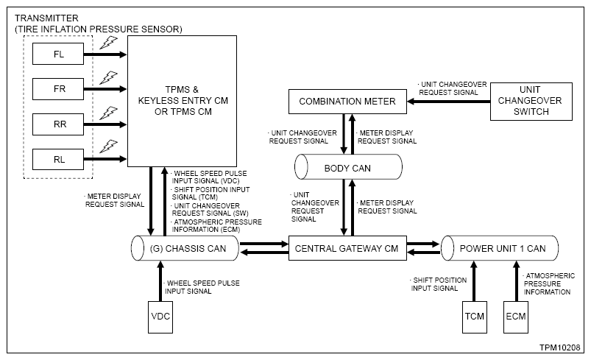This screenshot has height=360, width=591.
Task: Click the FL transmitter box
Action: (x=58, y=54)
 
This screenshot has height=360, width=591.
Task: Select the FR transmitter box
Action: (x=58, y=89)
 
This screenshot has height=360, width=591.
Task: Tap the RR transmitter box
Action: (x=58, y=124)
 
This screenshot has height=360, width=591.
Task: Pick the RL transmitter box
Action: (x=58, y=159)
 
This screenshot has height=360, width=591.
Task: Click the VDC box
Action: (x=160, y=317)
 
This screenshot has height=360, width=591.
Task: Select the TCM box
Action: (x=475, y=317)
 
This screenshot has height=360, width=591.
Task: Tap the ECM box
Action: (x=516, y=317)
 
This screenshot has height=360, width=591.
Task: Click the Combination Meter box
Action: (x=347, y=102)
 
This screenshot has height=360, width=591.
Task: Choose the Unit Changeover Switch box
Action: (x=531, y=102)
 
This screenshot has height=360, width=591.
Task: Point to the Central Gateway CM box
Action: (x=347, y=248)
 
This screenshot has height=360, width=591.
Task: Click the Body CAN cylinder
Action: (x=348, y=166)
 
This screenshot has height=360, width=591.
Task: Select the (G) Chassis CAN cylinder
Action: (x=185, y=248)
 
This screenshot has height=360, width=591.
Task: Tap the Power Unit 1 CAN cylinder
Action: (x=500, y=248)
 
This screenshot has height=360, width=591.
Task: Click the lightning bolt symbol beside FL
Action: (x=108, y=43)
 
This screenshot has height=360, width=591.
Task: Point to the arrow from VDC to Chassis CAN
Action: (x=160, y=281)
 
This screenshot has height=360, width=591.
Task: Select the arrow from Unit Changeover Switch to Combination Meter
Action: (x=448, y=102)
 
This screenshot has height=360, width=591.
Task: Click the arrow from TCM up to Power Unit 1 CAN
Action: (x=474, y=281)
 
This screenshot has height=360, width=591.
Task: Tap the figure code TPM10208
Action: (x=559, y=347)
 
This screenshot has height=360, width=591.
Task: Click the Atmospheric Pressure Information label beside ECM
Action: (x=549, y=284)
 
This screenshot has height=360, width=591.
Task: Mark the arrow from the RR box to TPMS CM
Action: (x=105, y=124)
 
